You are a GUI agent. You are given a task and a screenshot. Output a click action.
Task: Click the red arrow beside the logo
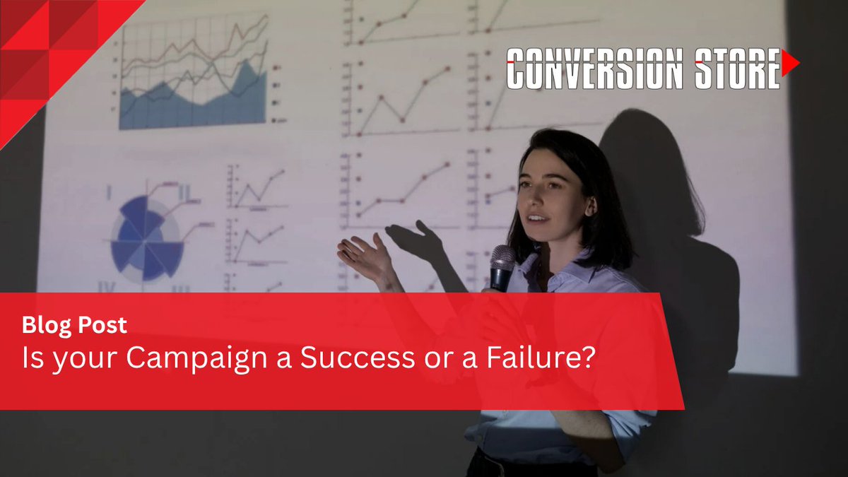click(x=790, y=64)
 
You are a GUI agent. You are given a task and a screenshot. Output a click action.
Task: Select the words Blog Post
click(x=74, y=325)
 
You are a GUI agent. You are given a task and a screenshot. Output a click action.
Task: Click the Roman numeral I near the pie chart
click(x=109, y=192)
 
